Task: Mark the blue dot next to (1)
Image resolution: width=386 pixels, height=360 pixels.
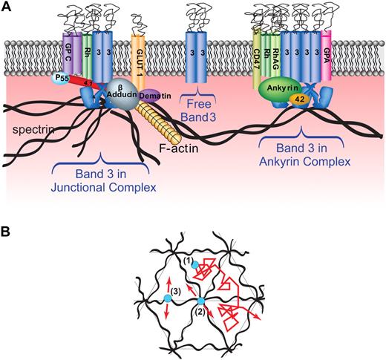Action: click(193, 264)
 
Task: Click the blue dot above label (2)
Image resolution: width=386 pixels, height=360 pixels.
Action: click(200, 301)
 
